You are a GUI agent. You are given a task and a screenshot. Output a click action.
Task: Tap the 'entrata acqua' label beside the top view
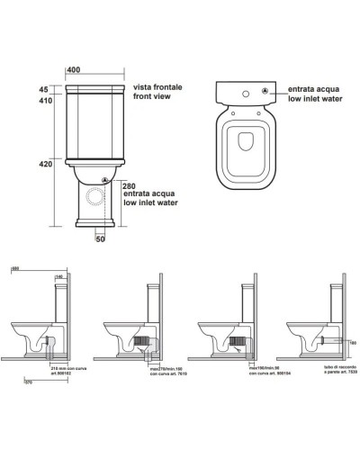point(316,91)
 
